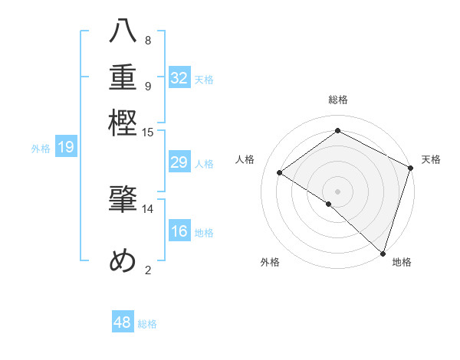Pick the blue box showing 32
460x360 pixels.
coord(179,78)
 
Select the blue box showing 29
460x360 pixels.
coord(179,162)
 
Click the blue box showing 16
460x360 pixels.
coord(179,231)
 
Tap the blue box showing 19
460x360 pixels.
coord(65,148)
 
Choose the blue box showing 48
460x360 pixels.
coord(123,322)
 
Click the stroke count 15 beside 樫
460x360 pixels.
coord(148,133)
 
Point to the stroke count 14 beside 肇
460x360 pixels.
coord(148,208)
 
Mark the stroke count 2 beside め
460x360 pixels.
coord(148,269)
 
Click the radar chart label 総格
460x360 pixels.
coord(337,100)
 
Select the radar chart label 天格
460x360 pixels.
coord(431,159)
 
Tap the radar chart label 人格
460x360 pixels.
coord(245,159)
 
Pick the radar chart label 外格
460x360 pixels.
coord(270,262)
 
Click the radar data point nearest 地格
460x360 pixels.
coord(383,253)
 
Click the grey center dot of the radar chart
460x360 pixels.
coord(337,190)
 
